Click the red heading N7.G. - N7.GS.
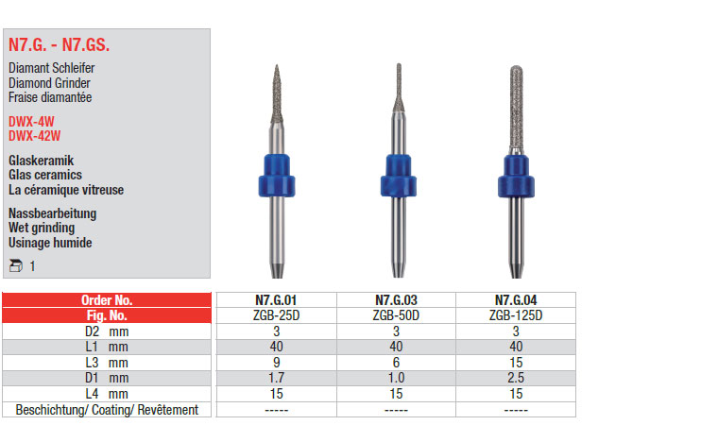point(60,45)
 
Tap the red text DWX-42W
point(34,136)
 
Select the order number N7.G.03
point(396,300)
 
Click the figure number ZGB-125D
point(516,315)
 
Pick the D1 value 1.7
point(277,378)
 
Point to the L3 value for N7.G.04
point(516,363)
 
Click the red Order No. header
point(107,300)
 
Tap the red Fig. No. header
point(107,315)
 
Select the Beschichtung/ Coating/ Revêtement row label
point(107,410)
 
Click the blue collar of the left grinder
point(277,176)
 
